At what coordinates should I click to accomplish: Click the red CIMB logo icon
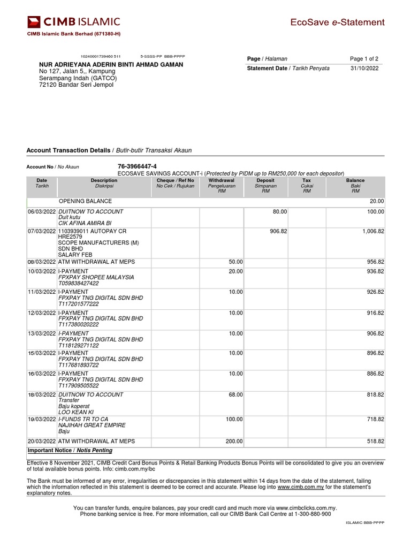click(x=34, y=22)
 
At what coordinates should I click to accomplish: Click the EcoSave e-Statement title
click(x=337, y=22)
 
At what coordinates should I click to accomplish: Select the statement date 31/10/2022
click(x=364, y=68)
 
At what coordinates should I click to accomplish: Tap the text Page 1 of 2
click(x=364, y=59)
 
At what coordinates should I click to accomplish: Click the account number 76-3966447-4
click(x=137, y=166)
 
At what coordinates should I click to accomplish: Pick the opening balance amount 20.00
click(x=377, y=201)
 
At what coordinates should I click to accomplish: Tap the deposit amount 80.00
click(x=279, y=212)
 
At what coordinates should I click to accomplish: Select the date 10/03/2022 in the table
click(x=42, y=271)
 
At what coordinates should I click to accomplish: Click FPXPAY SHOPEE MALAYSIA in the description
click(x=96, y=277)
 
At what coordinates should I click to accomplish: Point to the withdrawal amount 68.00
click(x=235, y=394)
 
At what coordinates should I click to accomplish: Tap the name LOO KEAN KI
click(x=75, y=412)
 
